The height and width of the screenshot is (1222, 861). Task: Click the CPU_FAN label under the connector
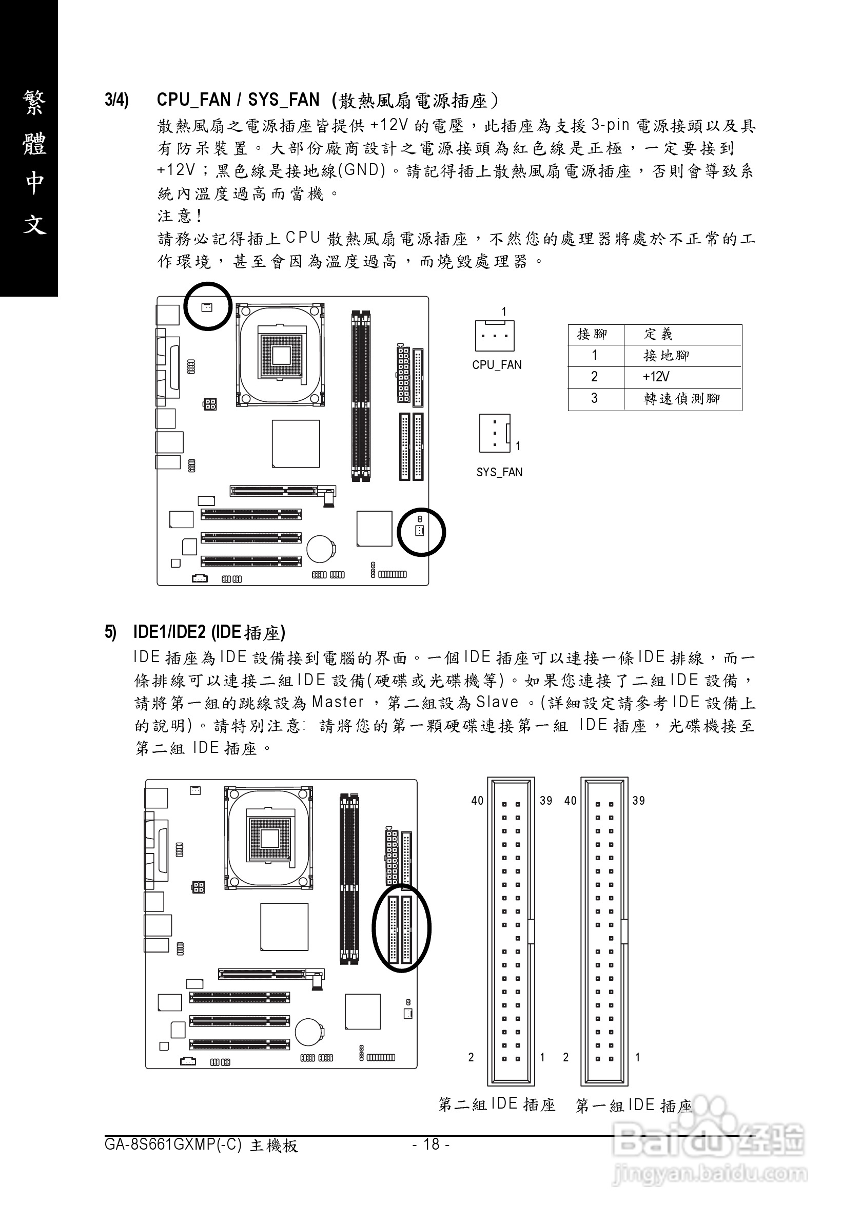coord(497,365)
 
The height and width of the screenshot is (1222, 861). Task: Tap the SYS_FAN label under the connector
coord(499,472)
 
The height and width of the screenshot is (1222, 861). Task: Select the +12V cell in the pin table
coord(656,377)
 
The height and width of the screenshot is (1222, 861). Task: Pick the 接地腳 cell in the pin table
coord(666,355)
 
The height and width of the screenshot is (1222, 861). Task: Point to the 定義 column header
coord(658,334)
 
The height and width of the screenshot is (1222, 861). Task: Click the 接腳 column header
coord(592,334)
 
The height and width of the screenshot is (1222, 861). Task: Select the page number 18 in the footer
coord(430,1144)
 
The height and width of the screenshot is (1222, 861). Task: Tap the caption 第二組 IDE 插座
coord(497,1104)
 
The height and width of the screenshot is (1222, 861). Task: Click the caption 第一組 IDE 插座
coord(633,1105)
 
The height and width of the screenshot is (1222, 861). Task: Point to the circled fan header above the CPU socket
coord(207,306)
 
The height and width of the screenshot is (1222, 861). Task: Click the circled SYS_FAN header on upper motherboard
coord(420,531)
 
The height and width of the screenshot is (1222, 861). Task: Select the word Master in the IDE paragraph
coord(338,703)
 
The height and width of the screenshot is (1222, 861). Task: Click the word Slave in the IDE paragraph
coord(497,703)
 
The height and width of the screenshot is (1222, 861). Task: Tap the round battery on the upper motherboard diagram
coord(320,548)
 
